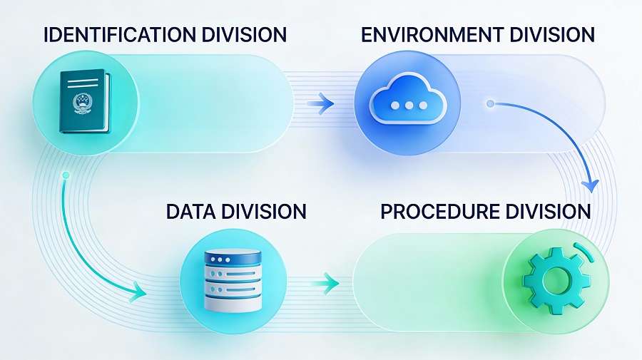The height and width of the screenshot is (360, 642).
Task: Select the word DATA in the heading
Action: point(190,212)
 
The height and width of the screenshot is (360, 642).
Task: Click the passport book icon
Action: point(85,101)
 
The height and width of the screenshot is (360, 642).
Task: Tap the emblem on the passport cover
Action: point(81,104)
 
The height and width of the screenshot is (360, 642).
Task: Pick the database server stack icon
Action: point(233,281)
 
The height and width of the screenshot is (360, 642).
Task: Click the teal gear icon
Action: point(556,281)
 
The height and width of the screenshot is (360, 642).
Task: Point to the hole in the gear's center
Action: point(556,281)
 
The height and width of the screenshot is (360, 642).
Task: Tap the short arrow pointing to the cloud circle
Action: point(321,103)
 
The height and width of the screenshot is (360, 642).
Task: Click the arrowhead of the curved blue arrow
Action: point(591,185)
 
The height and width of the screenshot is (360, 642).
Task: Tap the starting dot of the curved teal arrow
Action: point(66,175)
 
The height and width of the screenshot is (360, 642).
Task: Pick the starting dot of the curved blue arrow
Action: point(490,103)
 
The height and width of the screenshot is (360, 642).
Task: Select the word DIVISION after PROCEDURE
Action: point(549,212)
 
